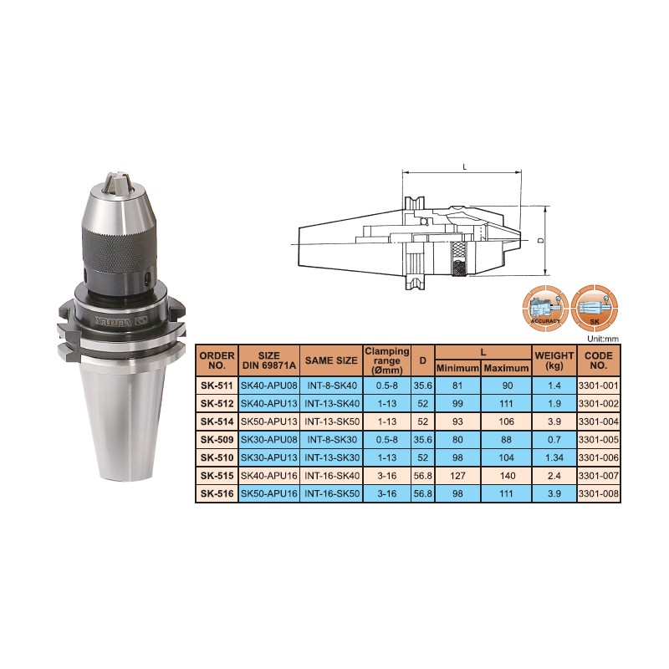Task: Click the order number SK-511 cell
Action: click(217, 386)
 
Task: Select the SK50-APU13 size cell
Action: click(268, 421)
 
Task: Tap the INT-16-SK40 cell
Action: click(331, 476)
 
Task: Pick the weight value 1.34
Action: click(554, 457)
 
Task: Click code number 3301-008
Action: click(598, 493)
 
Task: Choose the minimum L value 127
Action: click(457, 476)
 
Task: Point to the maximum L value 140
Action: click(507, 476)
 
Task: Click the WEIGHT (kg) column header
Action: click(554, 360)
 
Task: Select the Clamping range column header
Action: click(387, 360)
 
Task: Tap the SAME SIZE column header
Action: click(331, 360)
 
